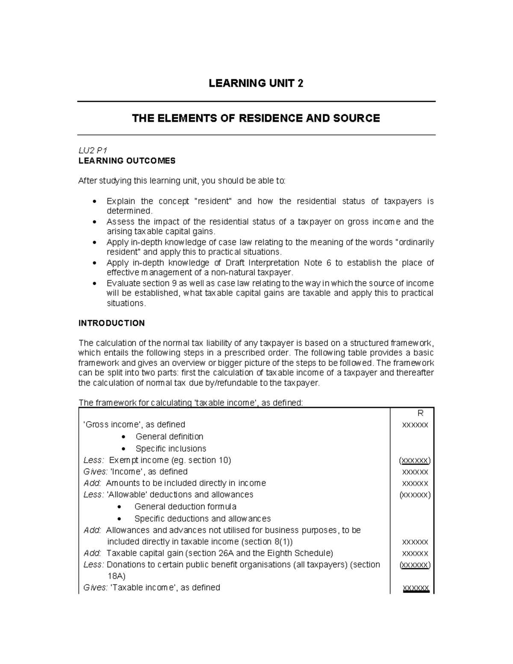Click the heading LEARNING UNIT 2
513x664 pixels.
click(x=256, y=83)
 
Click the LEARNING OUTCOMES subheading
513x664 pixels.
click(x=127, y=161)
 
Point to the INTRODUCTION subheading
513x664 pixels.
click(x=112, y=323)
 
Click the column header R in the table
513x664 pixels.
click(x=420, y=413)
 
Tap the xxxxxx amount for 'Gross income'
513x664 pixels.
click(x=415, y=425)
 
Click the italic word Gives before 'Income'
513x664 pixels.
click(x=95, y=472)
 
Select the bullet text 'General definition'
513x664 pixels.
click(x=169, y=437)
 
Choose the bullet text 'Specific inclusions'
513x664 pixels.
click(x=171, y=449)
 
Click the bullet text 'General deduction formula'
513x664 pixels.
click(x=185, y=507)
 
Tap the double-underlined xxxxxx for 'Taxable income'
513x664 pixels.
click(x=416, y=588)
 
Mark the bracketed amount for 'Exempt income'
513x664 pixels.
click(x=415, y=460)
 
